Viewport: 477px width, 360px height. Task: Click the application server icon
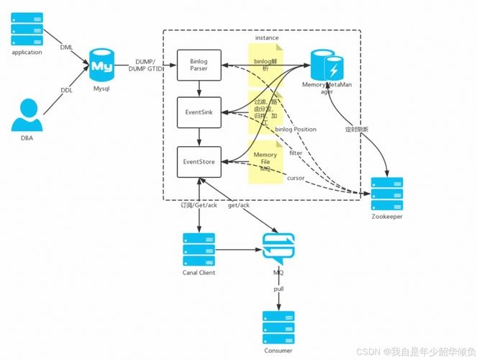(27, 30)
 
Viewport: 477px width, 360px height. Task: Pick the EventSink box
(199, 112)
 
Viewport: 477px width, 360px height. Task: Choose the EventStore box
(199, 161)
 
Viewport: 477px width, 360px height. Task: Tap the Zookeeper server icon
(387, 193)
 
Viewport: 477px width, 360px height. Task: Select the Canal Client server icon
(199, 249)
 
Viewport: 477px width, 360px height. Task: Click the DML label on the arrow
(66, 48)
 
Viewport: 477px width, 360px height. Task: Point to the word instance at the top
(267, 37)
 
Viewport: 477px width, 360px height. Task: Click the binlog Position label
(295, 130)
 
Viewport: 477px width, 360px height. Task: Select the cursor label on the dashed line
(296, 177)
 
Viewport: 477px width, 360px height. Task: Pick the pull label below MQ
(278, 288)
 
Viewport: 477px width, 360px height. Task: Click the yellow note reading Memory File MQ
(265, 162)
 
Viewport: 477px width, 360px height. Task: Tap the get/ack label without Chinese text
(238, 206)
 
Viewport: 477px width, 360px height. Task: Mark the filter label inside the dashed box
(296, 153)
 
